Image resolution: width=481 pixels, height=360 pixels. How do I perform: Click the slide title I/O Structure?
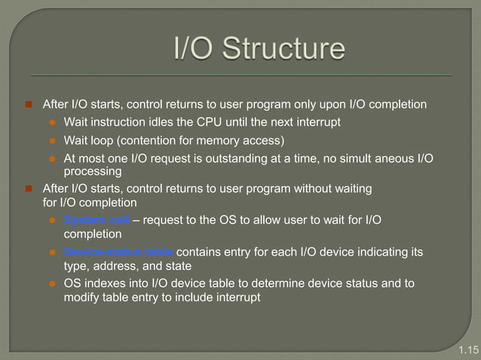click(259, 50)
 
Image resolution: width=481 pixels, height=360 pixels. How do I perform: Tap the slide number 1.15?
click(467, 350)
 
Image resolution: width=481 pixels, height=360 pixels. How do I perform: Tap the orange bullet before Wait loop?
click(54, 141)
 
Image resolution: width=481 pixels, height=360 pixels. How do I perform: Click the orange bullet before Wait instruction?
click(54, 122)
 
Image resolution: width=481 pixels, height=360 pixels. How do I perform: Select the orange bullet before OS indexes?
click(54, 283)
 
